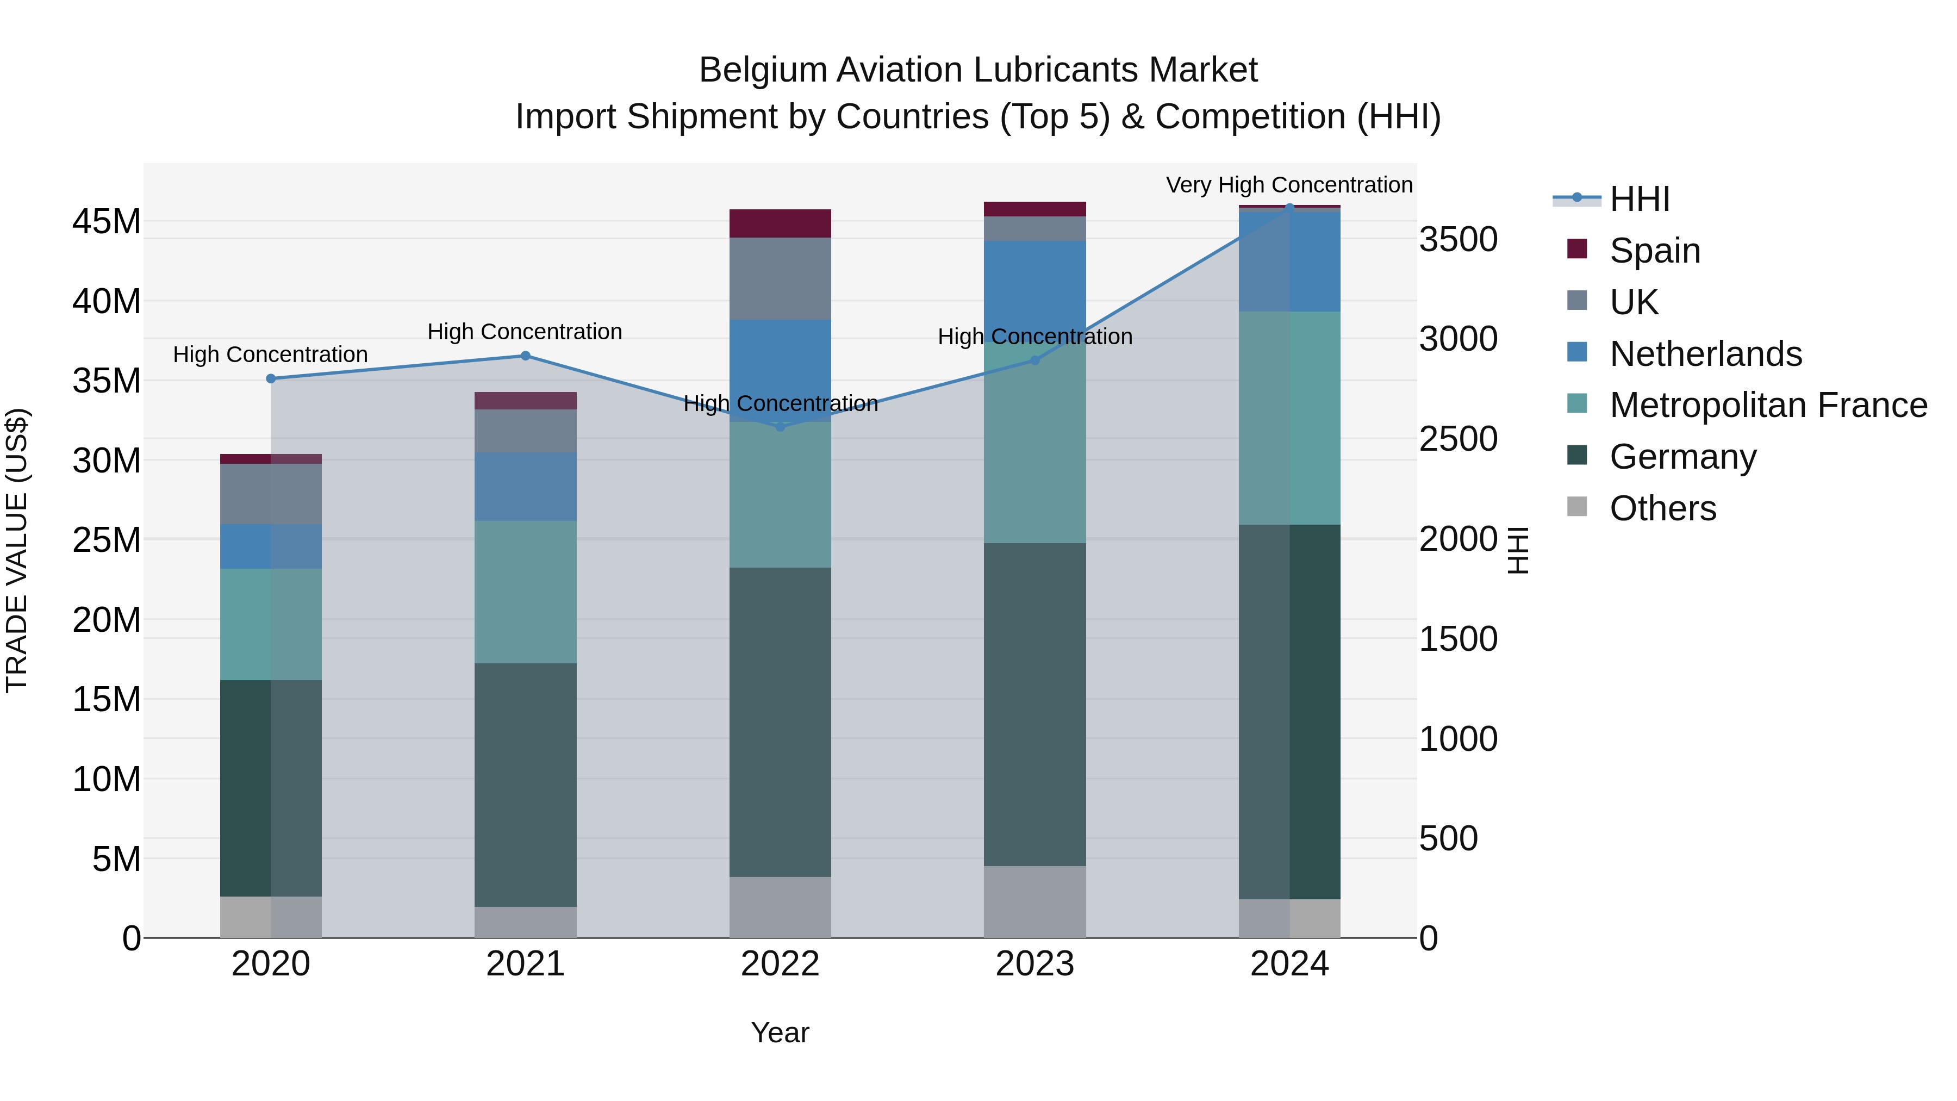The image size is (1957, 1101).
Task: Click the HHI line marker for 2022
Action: pyautogui.click(x=780, y=427)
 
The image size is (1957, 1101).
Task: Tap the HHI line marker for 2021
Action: pyautogui.click(x=525, y=356)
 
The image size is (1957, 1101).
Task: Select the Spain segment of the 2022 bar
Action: pyautogui.click(x=780, y=223)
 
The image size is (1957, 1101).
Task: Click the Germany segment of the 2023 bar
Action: pyautogui.click(x=1034, y=704)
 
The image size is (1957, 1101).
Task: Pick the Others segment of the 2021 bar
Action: pyautogui.click(x=525, y=922)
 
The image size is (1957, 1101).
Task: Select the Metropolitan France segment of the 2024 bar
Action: pyautogui.click(x=1289, y=418)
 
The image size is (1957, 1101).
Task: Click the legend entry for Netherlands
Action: pyautogui.click(x=1705, y=354)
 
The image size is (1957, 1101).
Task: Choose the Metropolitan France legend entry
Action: pyautogui.click(x=1767, y=405)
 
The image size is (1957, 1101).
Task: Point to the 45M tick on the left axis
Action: pyautogui.click(x=107, y=222)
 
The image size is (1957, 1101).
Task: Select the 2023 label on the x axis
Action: pyautogui.click(x=1034, y=964)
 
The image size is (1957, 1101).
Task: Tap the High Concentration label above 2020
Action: pyautogui.click(x=271, y=355)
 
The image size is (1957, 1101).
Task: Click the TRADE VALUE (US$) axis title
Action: pyautogui.click(x=17, y=550)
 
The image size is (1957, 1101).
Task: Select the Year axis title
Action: pyautogui.click(x=780, y=1032)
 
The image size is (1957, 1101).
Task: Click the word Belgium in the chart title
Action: pyautogui.click(x=762, y=70)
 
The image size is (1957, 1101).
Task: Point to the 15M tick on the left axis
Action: pyautogui.click(x=107, y=699)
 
